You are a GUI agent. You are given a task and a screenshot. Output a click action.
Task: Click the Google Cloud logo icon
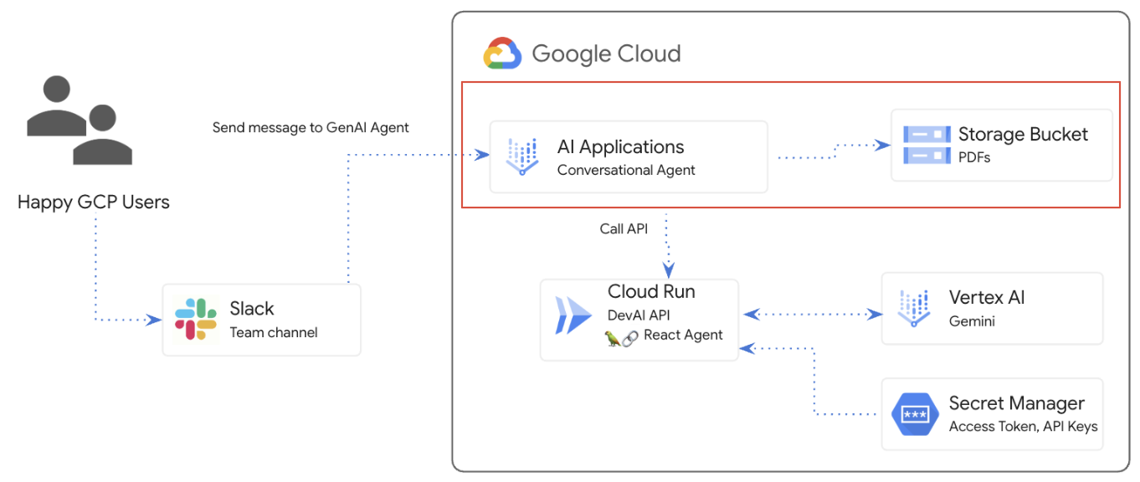coord(502,54)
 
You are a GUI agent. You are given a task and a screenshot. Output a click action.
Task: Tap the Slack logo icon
coord(196,320)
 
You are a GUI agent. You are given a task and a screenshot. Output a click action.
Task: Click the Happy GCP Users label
coord(94,202)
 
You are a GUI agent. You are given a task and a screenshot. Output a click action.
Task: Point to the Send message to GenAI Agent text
coord(311,128)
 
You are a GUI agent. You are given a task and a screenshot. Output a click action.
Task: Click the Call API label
coord(624,228)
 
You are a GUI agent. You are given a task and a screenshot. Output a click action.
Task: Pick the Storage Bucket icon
coord(927,145)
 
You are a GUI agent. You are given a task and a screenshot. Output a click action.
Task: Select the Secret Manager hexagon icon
coord(915,414)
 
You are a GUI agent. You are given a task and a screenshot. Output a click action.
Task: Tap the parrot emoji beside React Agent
coord(613,336)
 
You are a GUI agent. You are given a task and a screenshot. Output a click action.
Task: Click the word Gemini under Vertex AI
coord(972,320)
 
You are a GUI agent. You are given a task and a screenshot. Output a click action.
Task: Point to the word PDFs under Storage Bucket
coord(974,156)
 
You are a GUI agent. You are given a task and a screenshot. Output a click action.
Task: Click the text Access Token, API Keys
coord(1023,426)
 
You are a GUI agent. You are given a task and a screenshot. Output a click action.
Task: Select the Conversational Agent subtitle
coord(626,170)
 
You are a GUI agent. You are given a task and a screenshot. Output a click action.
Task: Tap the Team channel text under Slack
coord(274,332)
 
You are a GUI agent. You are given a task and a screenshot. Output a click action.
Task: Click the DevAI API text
coord(639,315)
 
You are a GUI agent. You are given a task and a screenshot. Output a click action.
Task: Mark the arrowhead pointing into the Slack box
coord(155,320)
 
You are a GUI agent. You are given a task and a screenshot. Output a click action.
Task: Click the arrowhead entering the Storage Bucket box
coord(883,145)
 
